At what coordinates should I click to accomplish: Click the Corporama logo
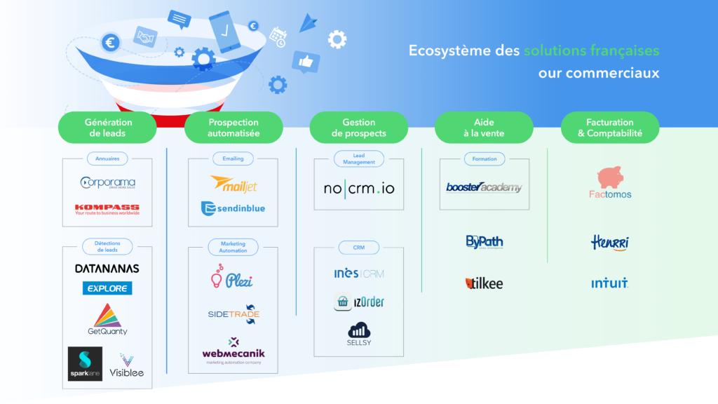point(107,182)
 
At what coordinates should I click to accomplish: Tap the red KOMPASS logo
point(107,208)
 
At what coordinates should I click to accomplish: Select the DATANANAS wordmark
point(107,269)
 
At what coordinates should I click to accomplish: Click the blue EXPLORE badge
point(107,288)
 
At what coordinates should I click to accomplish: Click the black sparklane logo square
point(85,363)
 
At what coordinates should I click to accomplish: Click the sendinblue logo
point(233,208)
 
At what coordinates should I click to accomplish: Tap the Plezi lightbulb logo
point(232,278)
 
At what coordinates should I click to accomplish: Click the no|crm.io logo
point(359,188)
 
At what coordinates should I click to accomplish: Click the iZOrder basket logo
point(359,302)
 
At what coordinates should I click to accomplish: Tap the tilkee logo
point(484,283)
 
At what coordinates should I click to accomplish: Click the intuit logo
point(609,284)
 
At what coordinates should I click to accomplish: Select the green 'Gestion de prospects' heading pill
point(359,127)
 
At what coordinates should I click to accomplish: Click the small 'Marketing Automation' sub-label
point(233,247)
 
